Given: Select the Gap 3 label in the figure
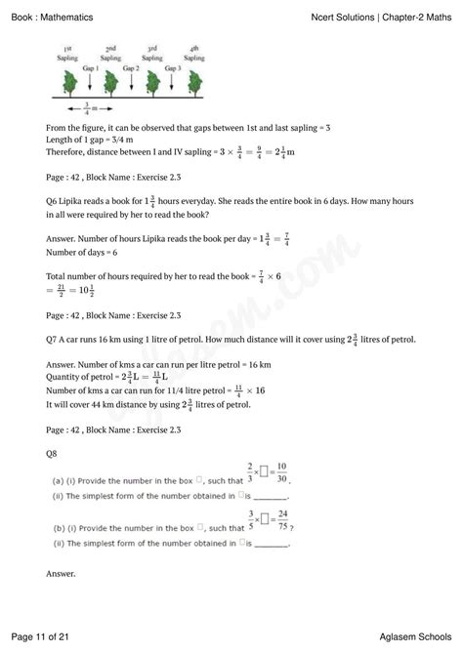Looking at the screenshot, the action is pyautogui.click(x=174, y=67).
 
